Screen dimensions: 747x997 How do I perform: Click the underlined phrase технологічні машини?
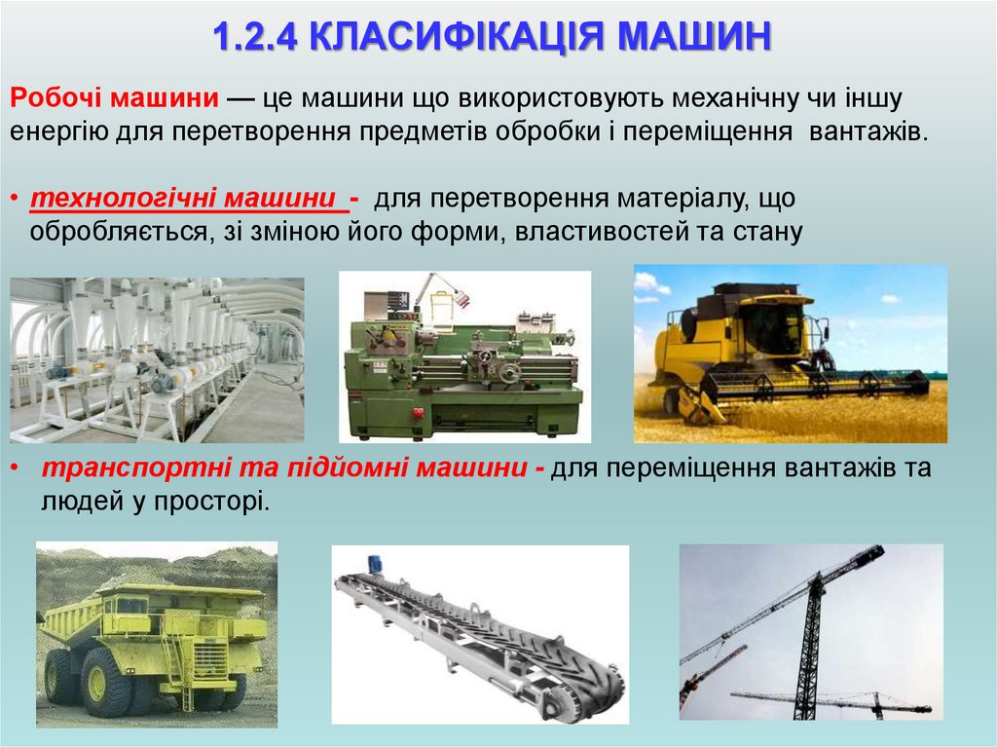(191, 200)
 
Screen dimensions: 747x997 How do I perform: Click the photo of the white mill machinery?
(156, 358)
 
